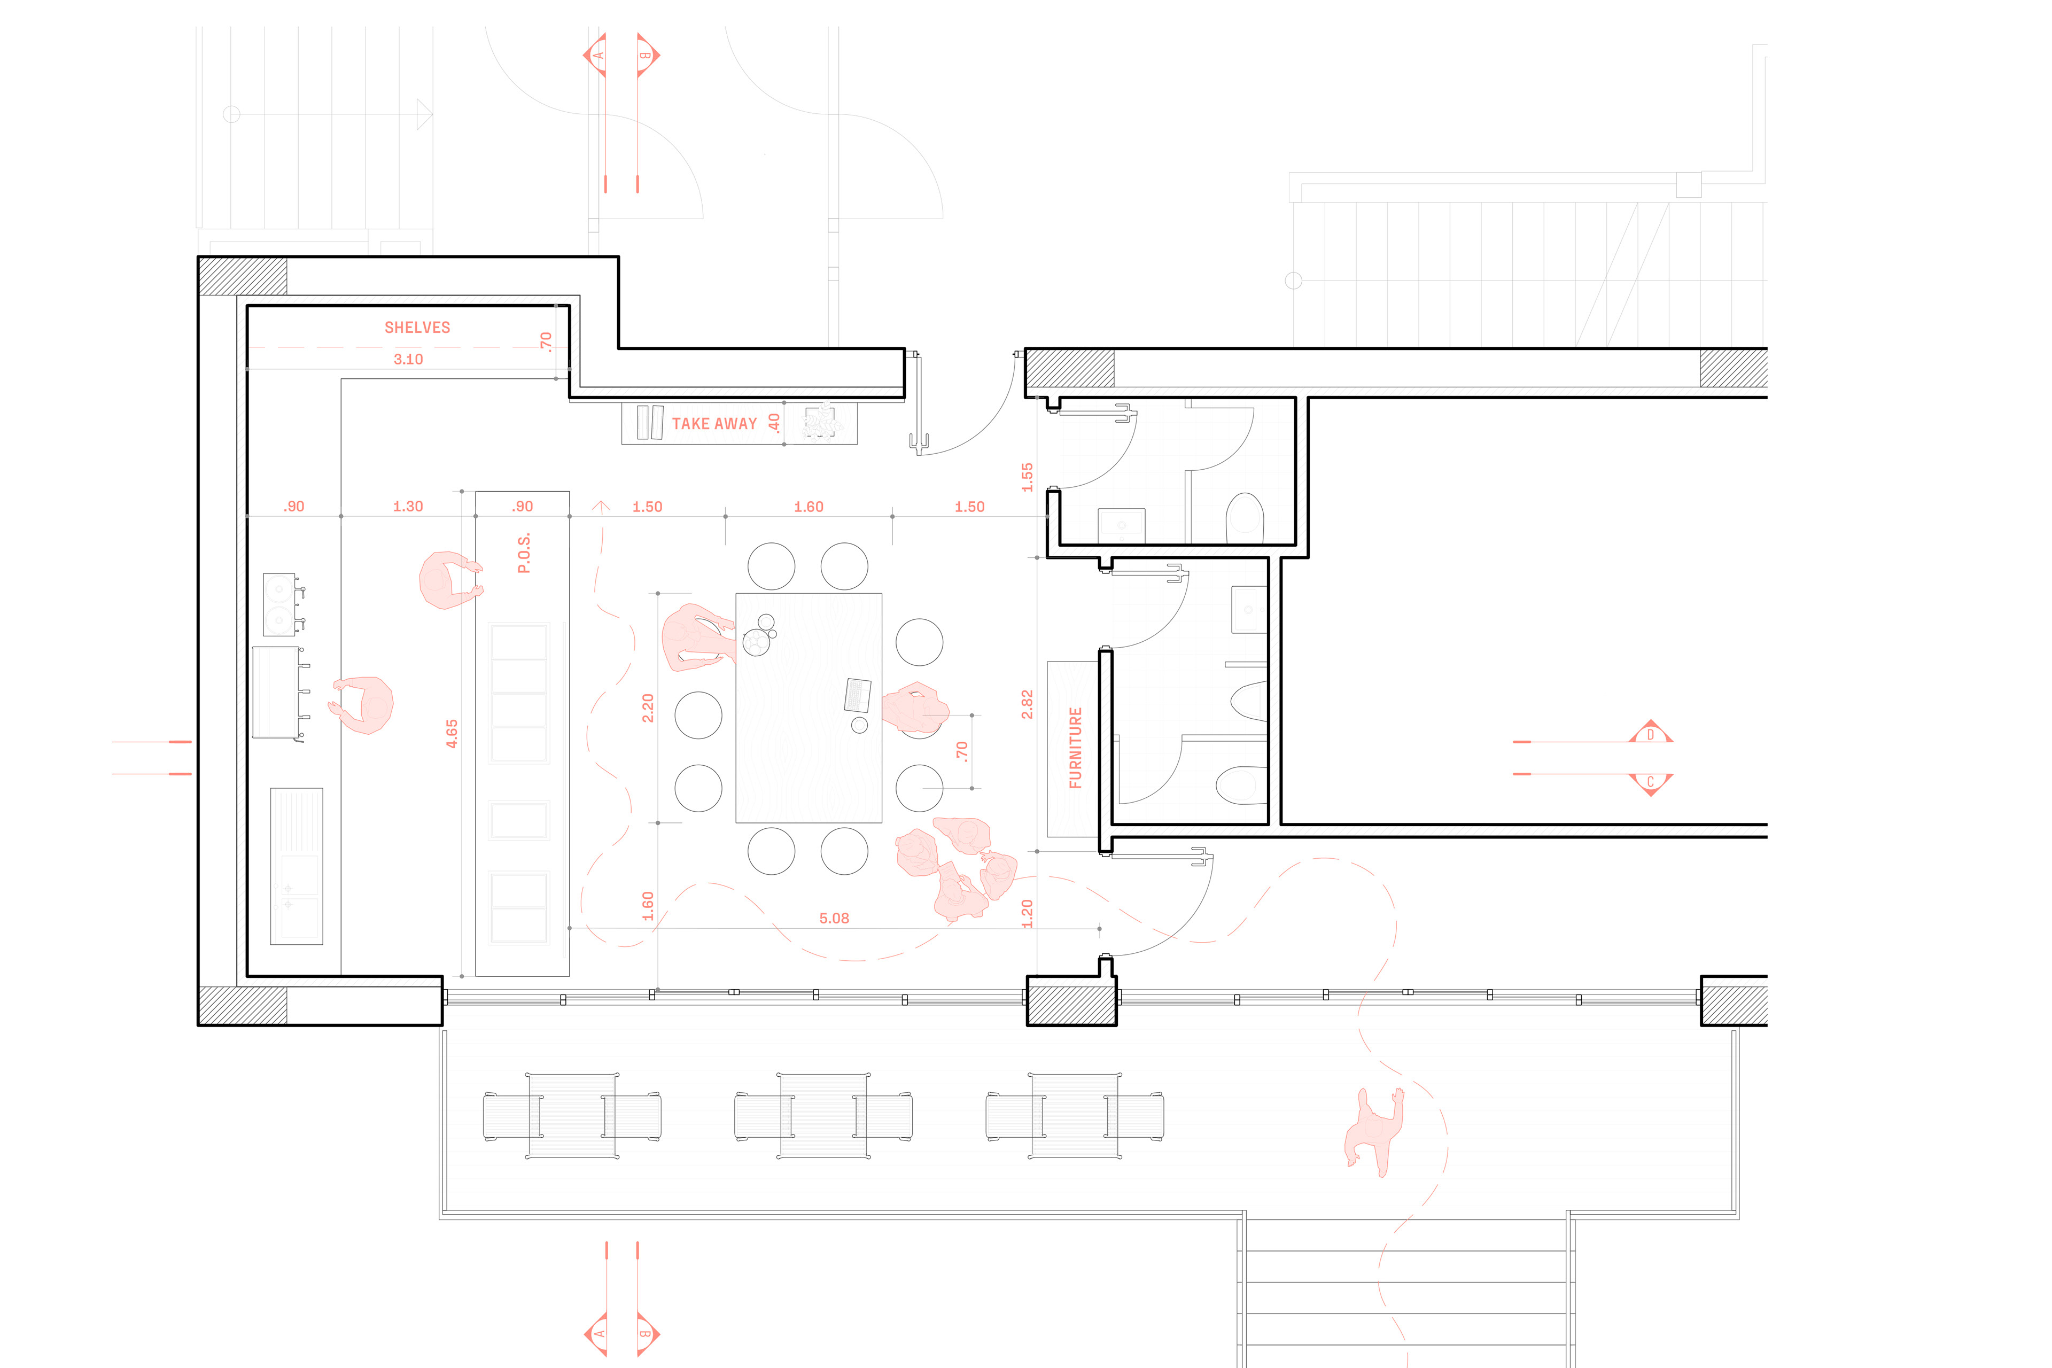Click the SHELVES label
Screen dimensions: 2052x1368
[417, 327]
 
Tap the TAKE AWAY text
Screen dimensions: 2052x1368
[714, 424]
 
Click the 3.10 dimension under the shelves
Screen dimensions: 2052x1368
[408, 359]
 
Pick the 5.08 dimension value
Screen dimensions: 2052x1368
[834, 918]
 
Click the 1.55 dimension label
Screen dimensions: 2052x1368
[1027, 477]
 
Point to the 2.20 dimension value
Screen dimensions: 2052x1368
[647, 708]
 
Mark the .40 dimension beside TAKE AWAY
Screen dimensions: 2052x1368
[774, 423]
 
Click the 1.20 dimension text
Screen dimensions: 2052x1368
[1027, 913]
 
